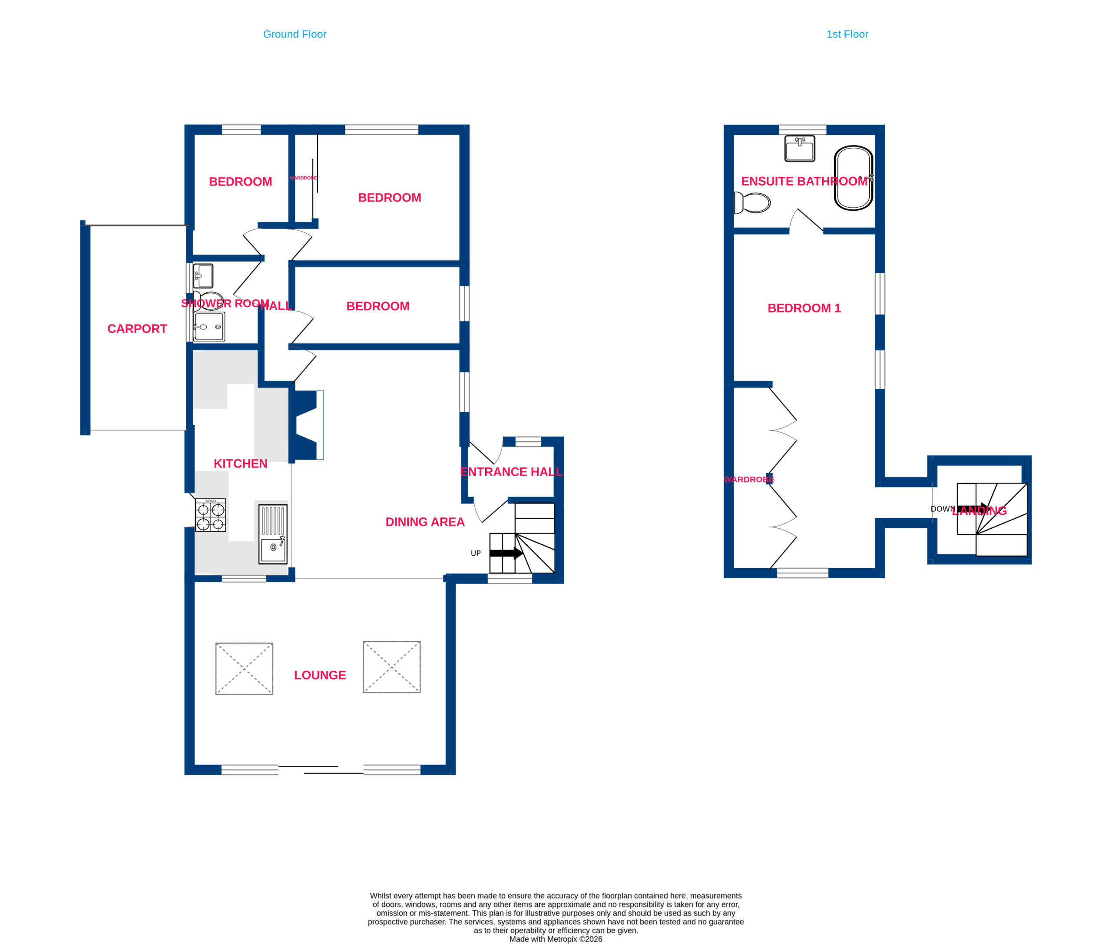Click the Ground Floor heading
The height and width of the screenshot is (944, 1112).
tap(295, 34)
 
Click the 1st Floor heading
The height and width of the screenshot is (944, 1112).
tap(847, 34)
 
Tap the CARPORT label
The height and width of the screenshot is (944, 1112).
tap(137, 328)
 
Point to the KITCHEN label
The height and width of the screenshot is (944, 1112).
tap(240, 464)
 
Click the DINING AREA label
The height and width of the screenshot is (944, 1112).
tap(425, 522)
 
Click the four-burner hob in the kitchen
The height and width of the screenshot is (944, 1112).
tap(210, 515)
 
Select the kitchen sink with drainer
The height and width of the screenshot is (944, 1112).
tap(273, 534)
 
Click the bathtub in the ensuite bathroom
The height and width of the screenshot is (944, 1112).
tap(854, 178)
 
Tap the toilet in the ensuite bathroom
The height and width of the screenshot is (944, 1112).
tap(752, 203)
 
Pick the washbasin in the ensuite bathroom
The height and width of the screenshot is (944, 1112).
tap(800, 148)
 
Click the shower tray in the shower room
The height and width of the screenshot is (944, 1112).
tap(208, 326)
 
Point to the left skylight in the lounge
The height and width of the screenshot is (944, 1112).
tap(244, 669)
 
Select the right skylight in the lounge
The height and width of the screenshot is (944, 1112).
tap(392, 667)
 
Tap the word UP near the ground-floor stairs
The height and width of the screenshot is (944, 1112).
tap(476, 553)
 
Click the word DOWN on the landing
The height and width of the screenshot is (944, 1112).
tap(942, 509)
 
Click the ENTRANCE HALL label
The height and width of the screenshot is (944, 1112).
tap(511, 471)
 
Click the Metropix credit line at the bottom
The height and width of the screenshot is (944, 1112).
tap(556, 939)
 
